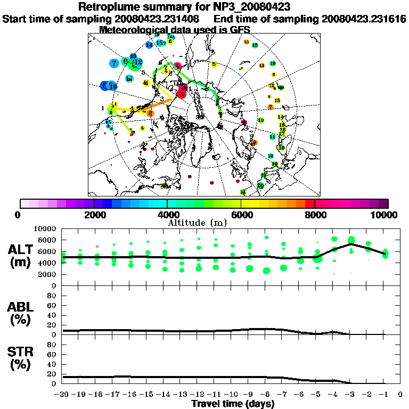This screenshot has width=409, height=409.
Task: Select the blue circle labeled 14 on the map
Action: point(149,45)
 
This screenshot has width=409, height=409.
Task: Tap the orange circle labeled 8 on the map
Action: point(150,113)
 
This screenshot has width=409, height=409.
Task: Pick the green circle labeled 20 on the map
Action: point(260,185)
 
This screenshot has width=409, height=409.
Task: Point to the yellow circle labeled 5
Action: point(214,64)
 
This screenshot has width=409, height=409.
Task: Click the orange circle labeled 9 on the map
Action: point(255,143)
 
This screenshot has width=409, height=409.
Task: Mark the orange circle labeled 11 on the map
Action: point(261,66)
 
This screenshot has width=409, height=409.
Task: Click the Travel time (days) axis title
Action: point(232,404)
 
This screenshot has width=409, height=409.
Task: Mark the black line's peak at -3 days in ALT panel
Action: point(351,244)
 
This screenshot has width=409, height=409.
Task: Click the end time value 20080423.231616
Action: point(364,19)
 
